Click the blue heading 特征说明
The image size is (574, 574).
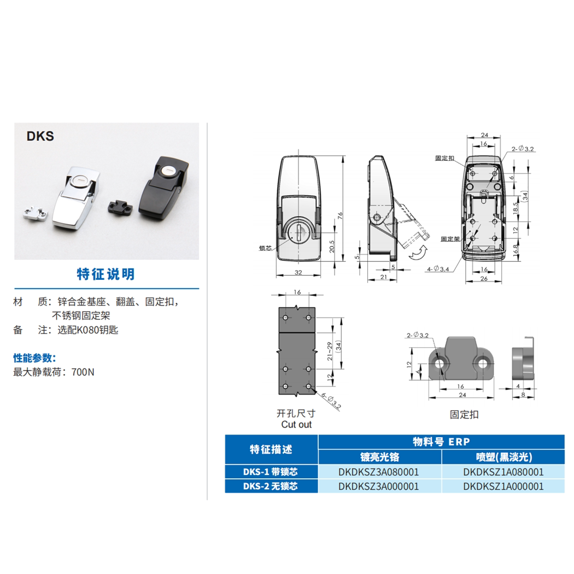click(x=106, y=273)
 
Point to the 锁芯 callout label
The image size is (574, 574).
click(x=265, y=247)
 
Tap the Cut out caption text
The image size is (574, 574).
click(x=296, y=424)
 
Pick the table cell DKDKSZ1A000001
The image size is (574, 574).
click(x=503, y=486)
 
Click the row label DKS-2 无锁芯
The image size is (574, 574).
click(x=271, y=486)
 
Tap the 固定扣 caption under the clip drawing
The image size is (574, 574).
click(x=464, y=415)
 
